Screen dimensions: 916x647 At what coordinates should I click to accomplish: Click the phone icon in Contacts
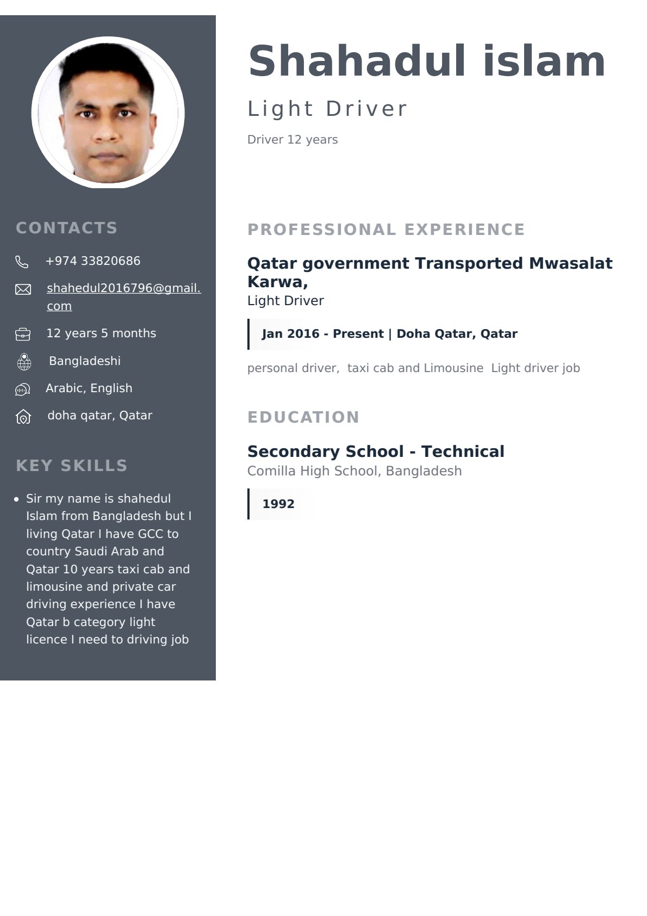[22, 262]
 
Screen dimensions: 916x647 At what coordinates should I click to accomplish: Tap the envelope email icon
[23, 289]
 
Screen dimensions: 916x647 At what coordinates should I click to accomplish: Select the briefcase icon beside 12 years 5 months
[23, 334]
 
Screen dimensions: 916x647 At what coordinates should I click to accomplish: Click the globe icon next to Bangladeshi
[24, 362]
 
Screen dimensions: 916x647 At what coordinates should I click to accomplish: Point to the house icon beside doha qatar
[23, 417]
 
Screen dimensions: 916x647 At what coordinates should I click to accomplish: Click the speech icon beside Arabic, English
[23, 389]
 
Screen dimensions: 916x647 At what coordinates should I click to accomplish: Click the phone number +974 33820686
[93, 261]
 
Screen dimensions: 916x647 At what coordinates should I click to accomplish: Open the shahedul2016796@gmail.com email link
[123, 289]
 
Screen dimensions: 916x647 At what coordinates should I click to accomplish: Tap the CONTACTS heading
[66, 228]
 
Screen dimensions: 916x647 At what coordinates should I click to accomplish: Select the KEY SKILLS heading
[71, 466]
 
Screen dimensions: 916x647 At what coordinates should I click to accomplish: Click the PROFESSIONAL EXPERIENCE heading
[386, 230]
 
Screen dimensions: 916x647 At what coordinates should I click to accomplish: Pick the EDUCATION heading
[303, 417]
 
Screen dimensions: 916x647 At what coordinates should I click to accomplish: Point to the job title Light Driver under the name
[327, 109]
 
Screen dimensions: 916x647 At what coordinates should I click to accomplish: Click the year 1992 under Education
[278, 504]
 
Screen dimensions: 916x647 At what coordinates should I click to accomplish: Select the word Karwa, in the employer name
[277, 282]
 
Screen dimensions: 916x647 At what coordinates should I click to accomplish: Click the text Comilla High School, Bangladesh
[354, 471]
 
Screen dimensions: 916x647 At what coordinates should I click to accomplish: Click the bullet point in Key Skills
[17, 499]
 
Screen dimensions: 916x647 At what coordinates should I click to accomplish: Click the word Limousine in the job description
[453, 368]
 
